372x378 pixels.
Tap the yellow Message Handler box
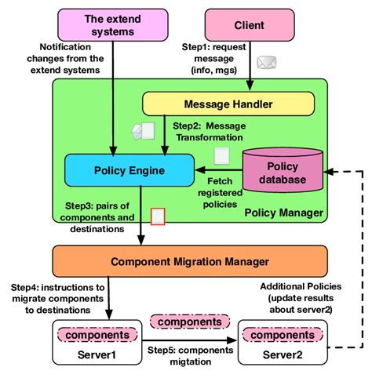pos(228,103)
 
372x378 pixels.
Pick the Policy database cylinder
pos(283,173)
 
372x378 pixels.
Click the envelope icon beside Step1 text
pos(268,61)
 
